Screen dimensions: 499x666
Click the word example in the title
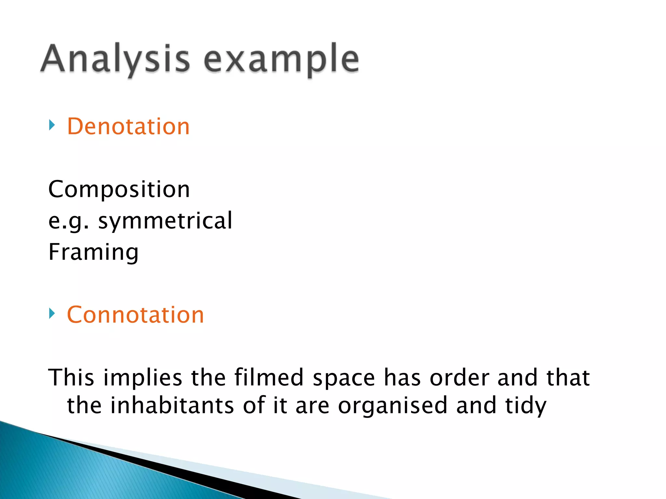point(281,60)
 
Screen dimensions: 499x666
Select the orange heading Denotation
point(128,126)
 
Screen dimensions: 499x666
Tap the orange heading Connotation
point(135,315)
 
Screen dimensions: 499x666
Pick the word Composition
point(119,189)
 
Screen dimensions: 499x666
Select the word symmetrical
point(165,221)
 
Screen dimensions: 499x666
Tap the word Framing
point(94,252)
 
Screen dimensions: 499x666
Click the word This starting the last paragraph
point(71,377)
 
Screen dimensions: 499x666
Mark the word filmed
point(269,377)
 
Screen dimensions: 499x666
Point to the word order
point(459,378)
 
